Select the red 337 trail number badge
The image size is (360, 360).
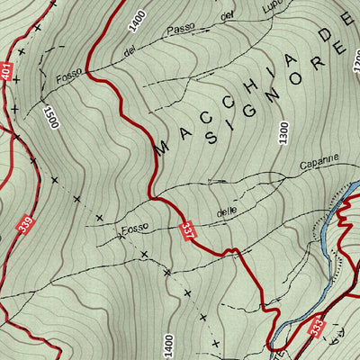tap(187, 231)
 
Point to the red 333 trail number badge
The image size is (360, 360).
tap(316, 323)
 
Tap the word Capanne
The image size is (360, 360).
tap(319, 163)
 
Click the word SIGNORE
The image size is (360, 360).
tap(277, 99)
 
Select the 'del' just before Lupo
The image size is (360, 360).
tap(227, 18)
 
